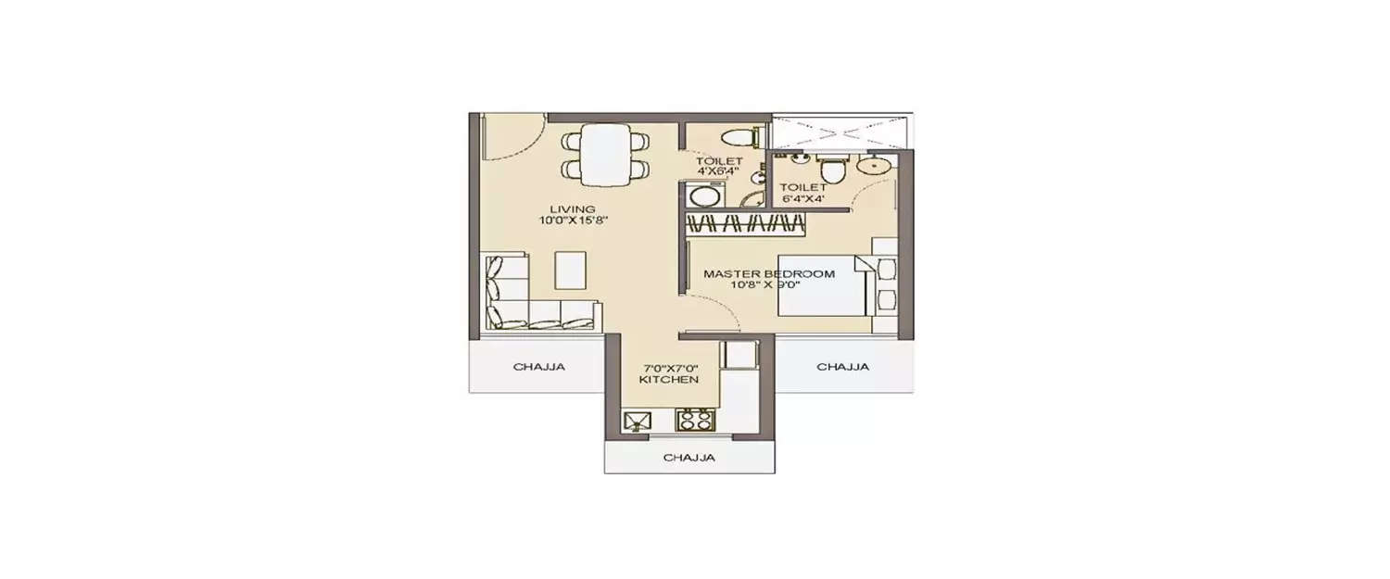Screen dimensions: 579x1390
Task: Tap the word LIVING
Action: point(572,209)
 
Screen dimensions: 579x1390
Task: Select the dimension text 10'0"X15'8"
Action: point(572,221)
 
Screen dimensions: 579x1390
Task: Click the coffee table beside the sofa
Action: point(571,271)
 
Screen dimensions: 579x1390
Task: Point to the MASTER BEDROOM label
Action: point(768,274)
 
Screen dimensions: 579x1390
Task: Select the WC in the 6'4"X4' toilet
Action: point(831,170)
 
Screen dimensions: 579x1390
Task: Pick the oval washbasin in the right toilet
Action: point(871,166)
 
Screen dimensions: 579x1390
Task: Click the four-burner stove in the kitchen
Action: point(695,422)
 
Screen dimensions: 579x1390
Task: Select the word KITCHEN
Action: point(668,380)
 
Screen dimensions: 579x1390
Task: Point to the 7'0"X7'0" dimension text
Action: point(668,368)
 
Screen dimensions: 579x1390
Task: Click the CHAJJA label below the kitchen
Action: point(689,458)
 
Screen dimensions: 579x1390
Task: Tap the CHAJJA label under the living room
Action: point(538,367)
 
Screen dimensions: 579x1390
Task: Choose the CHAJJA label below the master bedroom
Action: point(842,367)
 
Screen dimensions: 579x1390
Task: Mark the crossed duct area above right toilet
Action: point(839,131)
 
